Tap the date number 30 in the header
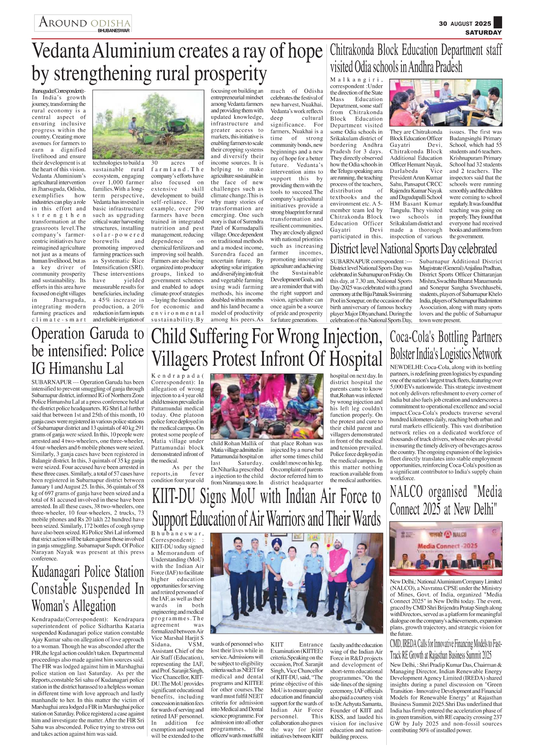tap(443, 24)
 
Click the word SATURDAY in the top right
tap(483, 32)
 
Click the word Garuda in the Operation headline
tap(109, 334)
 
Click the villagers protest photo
tap(267, 405)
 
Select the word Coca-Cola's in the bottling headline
tap(412, 337)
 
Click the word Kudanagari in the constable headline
tap(59, 572)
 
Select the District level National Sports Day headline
tap(413, 249)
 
